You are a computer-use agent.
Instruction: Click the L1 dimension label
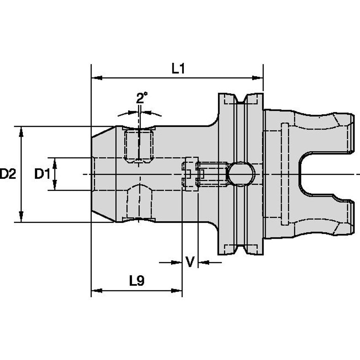coord(178,69)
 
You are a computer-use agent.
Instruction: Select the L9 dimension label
coord(137,281)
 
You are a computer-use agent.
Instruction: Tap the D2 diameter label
coord(8,174)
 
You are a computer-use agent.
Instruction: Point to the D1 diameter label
coord(42,174)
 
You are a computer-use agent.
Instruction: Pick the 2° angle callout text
coord(142,98)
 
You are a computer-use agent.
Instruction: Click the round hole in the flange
coord(241,174)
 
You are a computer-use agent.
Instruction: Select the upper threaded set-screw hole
coord(139,145)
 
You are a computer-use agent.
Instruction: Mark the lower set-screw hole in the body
coord(139,203)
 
